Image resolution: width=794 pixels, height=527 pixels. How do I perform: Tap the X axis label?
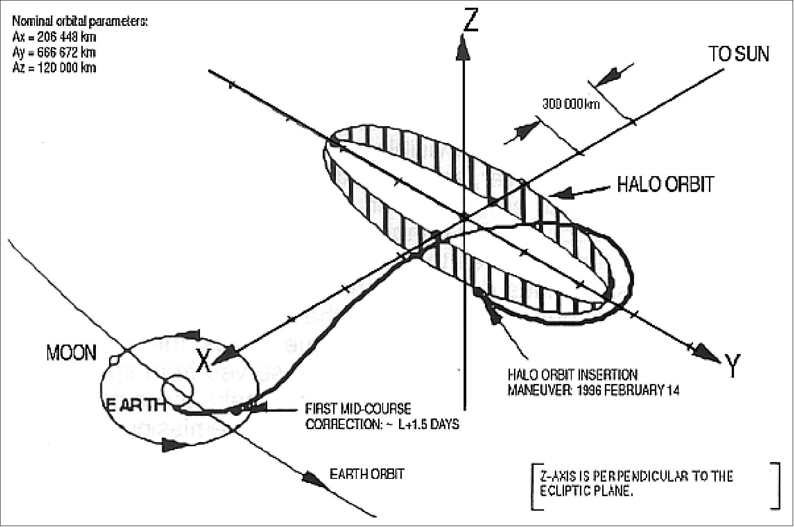pos(205,361)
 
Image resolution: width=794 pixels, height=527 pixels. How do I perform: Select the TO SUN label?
pos(739,54)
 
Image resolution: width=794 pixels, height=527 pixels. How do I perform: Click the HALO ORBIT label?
pos(665,184)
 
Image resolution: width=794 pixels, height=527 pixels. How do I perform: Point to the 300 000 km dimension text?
pos(571,104)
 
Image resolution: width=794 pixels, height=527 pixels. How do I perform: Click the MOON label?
pos(71,353)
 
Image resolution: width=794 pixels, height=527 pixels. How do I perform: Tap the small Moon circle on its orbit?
pos(114,360)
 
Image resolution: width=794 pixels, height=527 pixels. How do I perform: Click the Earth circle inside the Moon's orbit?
pos(178,390)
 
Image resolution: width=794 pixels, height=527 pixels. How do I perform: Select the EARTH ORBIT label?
pos(366,474)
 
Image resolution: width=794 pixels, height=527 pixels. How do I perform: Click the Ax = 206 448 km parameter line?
pos(54,37)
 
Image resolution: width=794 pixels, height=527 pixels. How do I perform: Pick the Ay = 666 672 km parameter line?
pos(54,53)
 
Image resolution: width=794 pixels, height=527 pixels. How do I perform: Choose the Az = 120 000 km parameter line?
pos(54,68)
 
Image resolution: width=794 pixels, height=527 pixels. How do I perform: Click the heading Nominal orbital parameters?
pos(80,21)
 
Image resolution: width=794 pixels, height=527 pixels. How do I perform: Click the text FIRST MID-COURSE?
pos(358,409)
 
